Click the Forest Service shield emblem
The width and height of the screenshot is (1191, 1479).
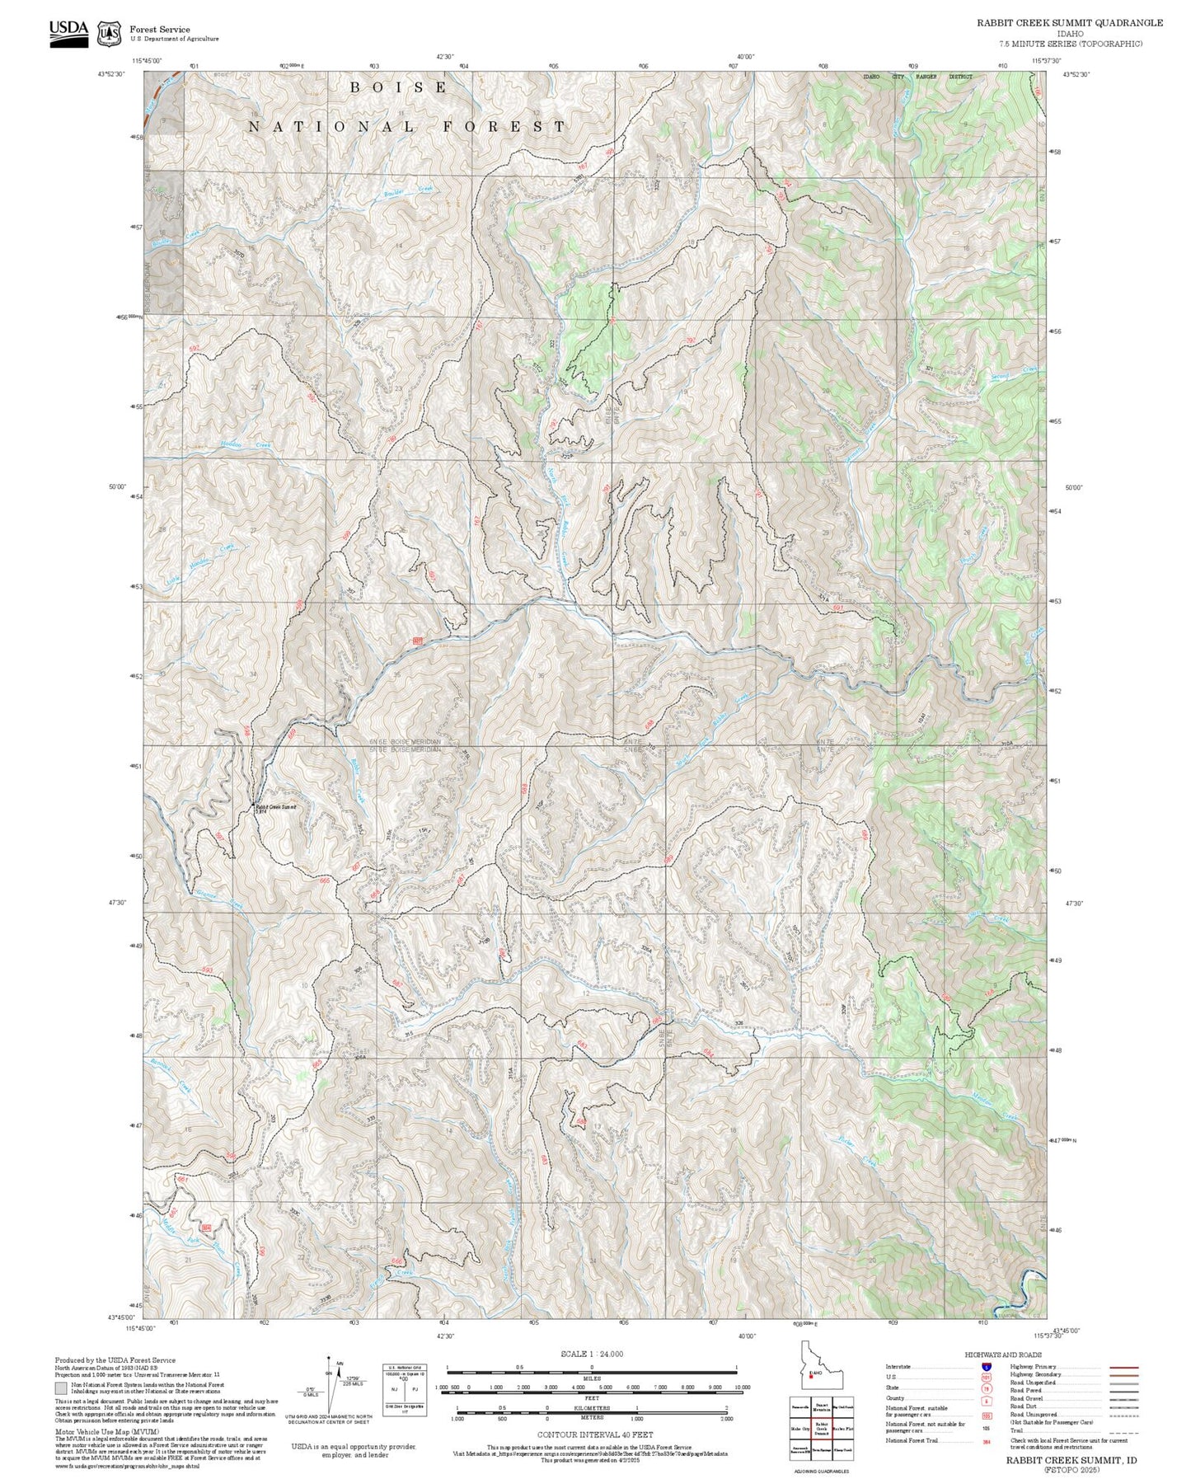tap(107, 33)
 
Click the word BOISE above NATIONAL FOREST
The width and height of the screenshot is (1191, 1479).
tap(399, 87)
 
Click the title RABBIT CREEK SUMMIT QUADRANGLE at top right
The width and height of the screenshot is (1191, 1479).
tap(1070, 23)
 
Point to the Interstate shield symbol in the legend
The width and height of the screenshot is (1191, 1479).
tap(986, 1366)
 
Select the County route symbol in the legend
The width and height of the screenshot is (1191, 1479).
tap(986, 1398)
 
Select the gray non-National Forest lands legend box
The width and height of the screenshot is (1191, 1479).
tap(61, 1387)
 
